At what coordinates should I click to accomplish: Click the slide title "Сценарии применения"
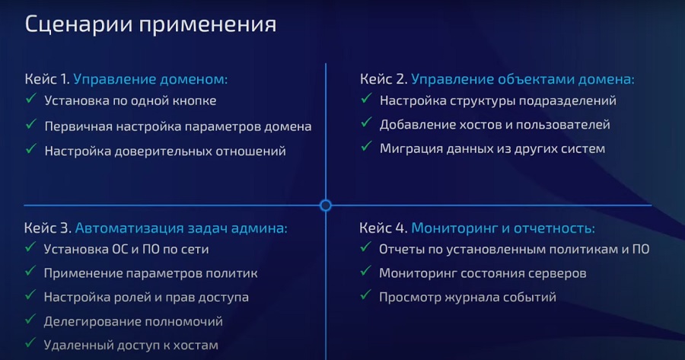[x=151, y=24]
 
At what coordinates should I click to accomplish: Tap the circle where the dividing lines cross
[x=326, y=205]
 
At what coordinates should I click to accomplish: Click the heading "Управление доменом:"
[x=151, y=79]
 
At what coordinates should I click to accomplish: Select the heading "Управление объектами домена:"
[x=523, y=79]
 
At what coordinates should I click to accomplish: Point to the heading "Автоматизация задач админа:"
[x=181, y=228]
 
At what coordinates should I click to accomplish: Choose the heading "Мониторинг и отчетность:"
[x=503, y=228]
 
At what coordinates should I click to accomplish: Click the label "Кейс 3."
[x=48, y=228]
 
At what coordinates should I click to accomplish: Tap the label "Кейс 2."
[x=384, y=79]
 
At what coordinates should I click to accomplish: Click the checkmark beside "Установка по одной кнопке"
[x=31, y=99]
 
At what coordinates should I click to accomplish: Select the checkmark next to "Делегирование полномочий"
[x=30, y=320]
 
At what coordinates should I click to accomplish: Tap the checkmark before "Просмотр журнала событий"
[x=365, y=295]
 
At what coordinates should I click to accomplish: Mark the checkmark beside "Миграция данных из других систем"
[x=367, y=146]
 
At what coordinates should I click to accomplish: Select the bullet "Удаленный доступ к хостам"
[x=131, y=345]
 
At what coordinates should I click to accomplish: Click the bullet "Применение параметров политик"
[x=151, y=273]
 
